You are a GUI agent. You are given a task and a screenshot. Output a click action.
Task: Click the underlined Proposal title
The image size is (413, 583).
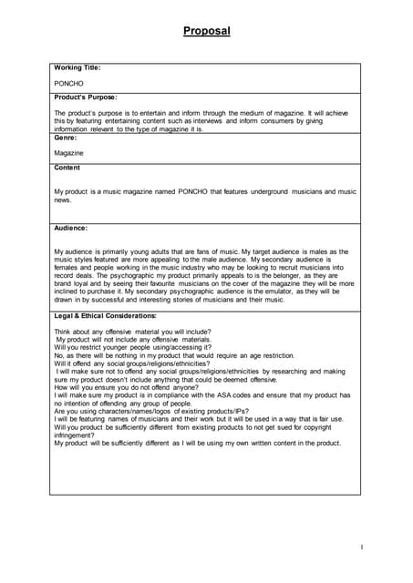(x=206, y=31)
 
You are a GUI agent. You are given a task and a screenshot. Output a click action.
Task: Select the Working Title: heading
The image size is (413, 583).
(x=77, y=67)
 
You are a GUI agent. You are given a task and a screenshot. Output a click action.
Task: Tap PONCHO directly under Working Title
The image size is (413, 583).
(x=68, y=82)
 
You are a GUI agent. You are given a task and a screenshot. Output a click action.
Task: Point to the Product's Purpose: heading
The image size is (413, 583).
(x=86, y=97)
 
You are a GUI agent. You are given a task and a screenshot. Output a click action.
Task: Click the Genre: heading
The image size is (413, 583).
(x=67, y=138)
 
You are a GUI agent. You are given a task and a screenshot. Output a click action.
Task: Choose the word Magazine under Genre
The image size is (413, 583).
(x=69, y=153)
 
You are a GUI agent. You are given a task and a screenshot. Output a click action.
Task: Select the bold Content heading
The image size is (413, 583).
(x=67, y=168)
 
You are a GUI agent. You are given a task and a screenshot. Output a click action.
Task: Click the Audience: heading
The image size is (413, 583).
(x=71, y=228)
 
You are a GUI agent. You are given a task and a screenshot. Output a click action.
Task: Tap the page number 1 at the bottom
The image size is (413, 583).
(x=362, y=547)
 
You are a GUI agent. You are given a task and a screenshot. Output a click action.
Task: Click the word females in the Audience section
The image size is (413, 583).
(x=67, y=267)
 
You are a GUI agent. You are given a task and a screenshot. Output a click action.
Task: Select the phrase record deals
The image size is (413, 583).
(x=76, y=274)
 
